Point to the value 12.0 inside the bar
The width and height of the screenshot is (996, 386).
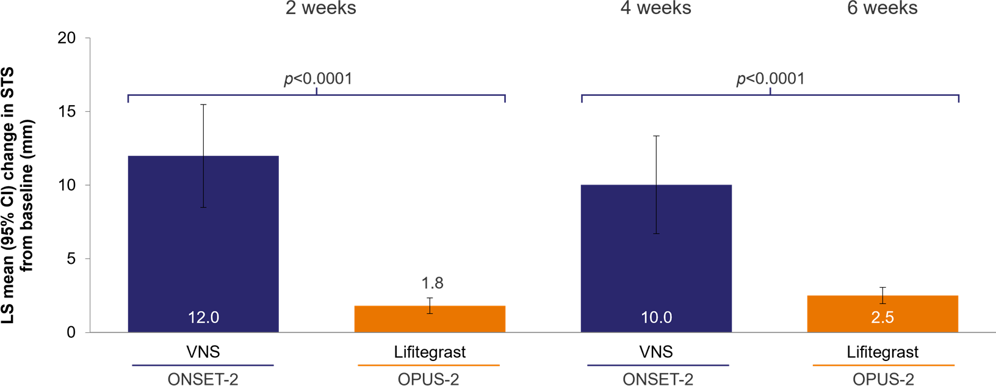point(203,318)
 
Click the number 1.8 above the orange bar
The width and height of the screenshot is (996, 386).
point(432,283)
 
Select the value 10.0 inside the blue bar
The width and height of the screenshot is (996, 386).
point(656,318)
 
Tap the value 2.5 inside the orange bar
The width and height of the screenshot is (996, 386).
point(882,318)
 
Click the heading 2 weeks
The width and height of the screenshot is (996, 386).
point(321,9)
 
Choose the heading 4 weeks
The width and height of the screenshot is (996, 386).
point(656,9)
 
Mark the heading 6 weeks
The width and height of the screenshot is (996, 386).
point(882,9)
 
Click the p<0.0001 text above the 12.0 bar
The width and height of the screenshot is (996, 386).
point(318,79)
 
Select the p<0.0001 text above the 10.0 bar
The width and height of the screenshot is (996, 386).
point(771,79)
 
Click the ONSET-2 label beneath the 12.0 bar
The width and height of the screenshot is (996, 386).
point(203,379)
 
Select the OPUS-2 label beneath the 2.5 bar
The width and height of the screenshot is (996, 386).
point(883,379)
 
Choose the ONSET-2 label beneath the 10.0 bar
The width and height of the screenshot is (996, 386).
point(658,379)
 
